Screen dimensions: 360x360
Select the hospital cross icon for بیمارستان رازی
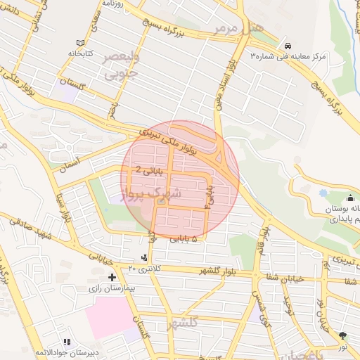tap(112, 278)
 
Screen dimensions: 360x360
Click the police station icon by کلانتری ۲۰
tap(144, 258)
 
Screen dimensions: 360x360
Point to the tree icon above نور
tap(342, 335)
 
